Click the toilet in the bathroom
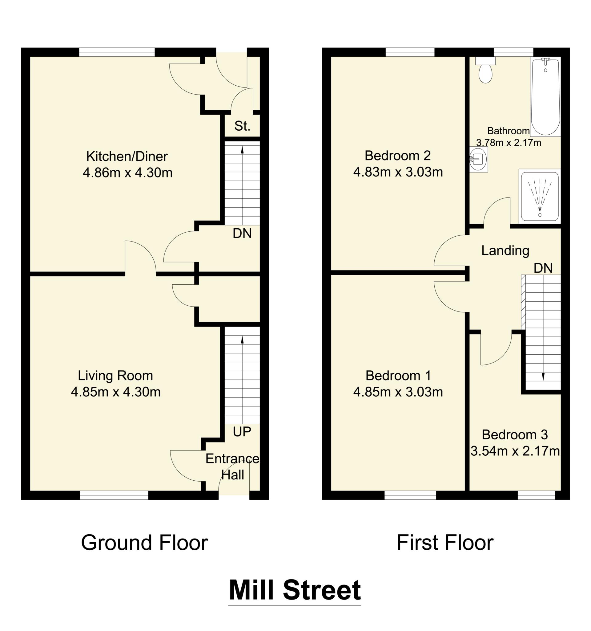point(485,71)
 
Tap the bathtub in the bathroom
point(545,97)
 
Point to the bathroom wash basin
point(478,159)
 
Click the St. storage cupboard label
point(242,126)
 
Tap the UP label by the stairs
point(242,432)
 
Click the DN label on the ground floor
point(242,233)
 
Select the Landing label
point(505,251)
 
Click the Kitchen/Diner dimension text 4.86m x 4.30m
point(127,173)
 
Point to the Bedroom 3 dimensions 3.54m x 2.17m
point(515,451)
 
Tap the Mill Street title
point(295,590)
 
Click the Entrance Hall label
point(232,467)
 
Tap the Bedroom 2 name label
point(398,156)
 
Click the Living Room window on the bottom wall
point(114,495)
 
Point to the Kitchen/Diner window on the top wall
point(117,52)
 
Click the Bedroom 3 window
point(536,495)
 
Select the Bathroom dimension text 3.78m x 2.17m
point(509,143)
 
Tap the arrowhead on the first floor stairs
point(543,377)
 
